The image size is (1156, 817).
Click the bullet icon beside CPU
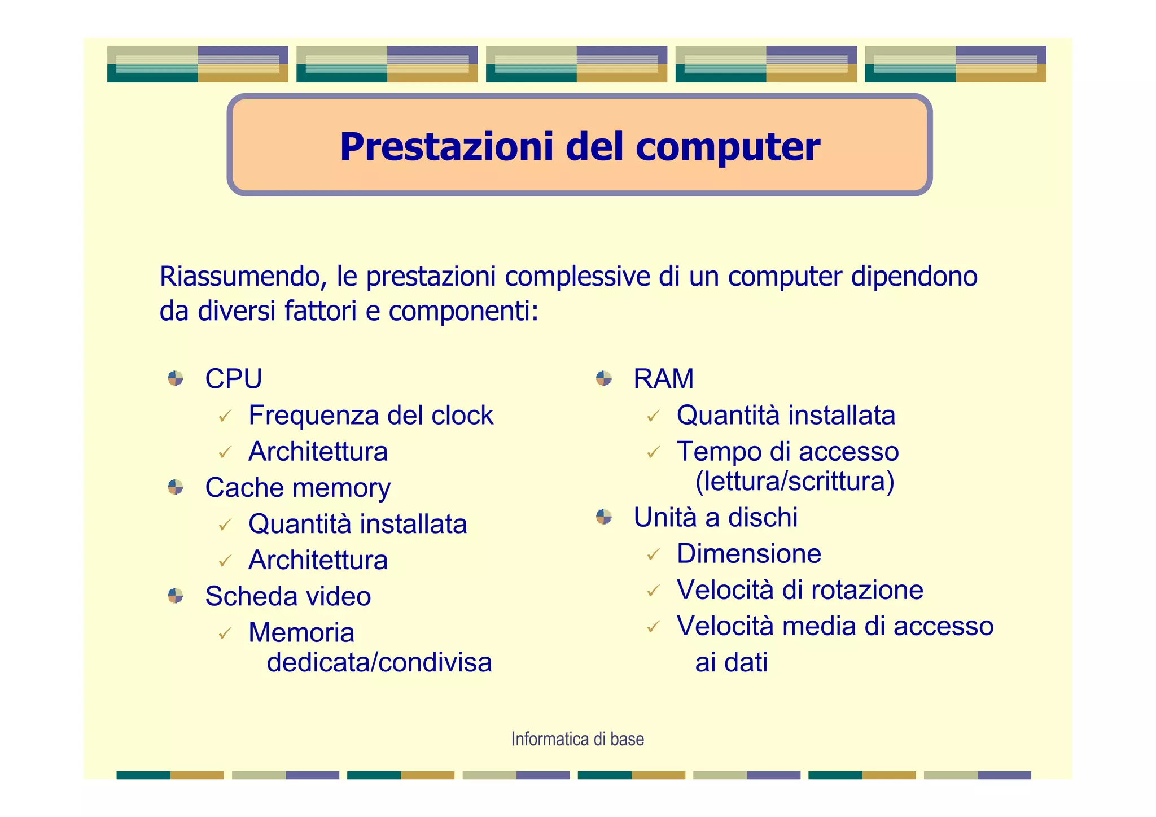(176, 378)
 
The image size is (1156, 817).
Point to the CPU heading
(233, 379)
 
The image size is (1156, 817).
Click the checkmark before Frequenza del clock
(225, 417)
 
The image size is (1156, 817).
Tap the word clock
(462, 416)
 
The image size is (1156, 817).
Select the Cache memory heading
(297, 488)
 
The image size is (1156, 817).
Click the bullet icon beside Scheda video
(176, 596)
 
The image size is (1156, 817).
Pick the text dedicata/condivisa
(379, 662)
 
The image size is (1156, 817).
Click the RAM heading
(663, 379)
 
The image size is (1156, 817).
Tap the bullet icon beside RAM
(604, 378)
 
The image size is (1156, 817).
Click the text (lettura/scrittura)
(794, 482)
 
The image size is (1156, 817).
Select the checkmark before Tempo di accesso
(654, 453)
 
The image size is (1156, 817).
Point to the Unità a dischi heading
(715, 517)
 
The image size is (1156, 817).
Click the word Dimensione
(748, 553)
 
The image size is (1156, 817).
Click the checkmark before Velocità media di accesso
(654, 627)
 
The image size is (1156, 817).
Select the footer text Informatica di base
(577, 739)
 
